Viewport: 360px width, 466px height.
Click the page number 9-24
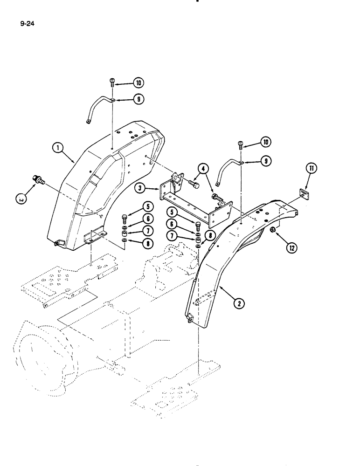coord(28,21)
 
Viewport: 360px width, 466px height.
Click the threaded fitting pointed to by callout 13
coord(37,179)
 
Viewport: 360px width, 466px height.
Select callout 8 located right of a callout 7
coord(210,236)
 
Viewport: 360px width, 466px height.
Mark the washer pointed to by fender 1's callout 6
coord(125,226)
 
